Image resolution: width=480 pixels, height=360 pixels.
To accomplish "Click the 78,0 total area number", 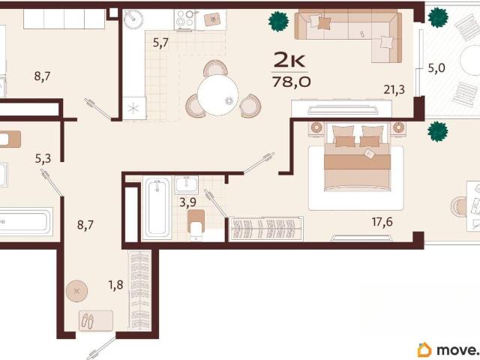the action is (292, 82).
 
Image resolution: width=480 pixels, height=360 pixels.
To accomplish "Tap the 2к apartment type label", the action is (289, 59).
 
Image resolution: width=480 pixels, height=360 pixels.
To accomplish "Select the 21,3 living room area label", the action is (394, 90).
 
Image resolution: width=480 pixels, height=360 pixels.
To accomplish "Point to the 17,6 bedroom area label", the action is (382, 222).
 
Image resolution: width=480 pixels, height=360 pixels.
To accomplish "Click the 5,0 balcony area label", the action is (436, 67).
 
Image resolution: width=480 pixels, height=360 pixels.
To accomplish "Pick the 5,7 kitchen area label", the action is (160, 43).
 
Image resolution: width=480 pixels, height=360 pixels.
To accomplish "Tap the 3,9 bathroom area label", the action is (187, 202).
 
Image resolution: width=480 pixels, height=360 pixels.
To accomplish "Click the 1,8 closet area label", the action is (115, 285).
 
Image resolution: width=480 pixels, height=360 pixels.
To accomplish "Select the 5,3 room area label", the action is (43, 158).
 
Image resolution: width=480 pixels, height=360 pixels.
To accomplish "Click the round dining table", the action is (218, 95).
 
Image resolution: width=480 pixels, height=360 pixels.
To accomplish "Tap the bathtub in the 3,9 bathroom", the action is (157, 208).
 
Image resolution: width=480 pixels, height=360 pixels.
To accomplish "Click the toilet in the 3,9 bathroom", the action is (196, 225).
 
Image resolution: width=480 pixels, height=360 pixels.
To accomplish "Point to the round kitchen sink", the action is (133, 19).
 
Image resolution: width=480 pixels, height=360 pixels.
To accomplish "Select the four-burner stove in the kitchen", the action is (185, 19).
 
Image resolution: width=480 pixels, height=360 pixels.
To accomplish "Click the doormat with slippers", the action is (96, 320).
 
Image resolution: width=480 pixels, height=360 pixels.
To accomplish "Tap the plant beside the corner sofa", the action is (278, 22).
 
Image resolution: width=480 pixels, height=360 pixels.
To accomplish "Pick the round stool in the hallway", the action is (76, 291).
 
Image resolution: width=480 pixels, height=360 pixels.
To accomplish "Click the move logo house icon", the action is (424, 349).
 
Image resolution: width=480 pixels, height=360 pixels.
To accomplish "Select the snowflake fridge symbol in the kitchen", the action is (133, 108).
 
